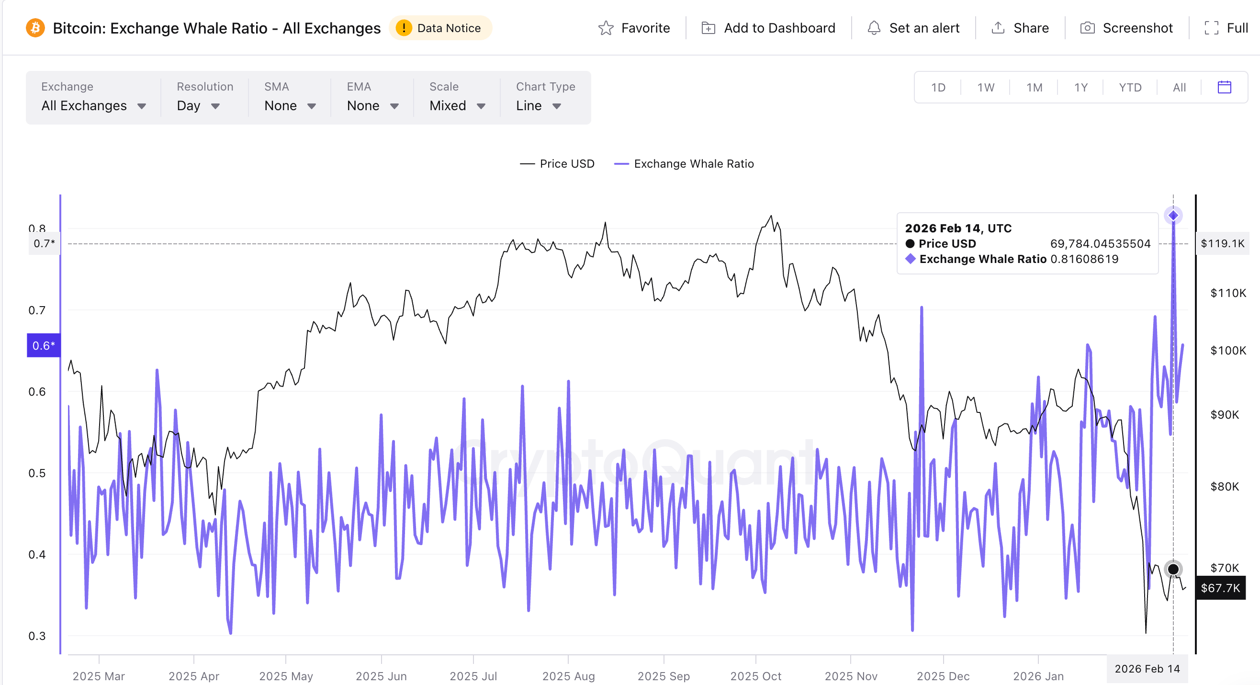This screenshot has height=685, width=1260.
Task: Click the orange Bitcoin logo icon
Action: click(x=35, y=28)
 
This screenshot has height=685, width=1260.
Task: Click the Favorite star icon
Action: click(x=606, y=28)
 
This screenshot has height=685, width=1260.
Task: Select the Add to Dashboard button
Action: click(x=768, y=28)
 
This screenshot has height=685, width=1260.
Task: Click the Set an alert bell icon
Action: click(x=874, y=28)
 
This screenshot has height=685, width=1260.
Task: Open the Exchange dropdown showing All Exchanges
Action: click(x=93, y=106)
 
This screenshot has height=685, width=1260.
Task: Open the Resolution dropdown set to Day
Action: click(x=198, y=106)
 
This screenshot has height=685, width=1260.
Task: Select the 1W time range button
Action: click(x=986, y=88)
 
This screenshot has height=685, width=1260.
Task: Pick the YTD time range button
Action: click(x=1130, y=88)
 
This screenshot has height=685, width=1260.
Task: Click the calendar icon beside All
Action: click(x=1224, y=87)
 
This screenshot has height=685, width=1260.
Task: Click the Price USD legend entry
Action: click(x=557, y=164)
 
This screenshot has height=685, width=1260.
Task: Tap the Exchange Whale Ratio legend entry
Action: click(x=684, y=164)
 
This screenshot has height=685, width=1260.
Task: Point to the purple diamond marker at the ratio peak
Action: click(x=1173, y=216)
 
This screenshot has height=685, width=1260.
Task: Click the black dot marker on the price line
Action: click(x=1173, y=569)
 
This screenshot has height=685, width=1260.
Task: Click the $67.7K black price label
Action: click(x=1220, y=588)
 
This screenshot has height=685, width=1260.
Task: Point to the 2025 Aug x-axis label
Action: click(x=568, y=676)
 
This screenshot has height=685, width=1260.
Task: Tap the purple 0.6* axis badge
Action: click(x=44, y=345)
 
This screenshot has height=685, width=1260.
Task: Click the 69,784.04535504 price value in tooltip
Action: click(x=1100, y=244)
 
